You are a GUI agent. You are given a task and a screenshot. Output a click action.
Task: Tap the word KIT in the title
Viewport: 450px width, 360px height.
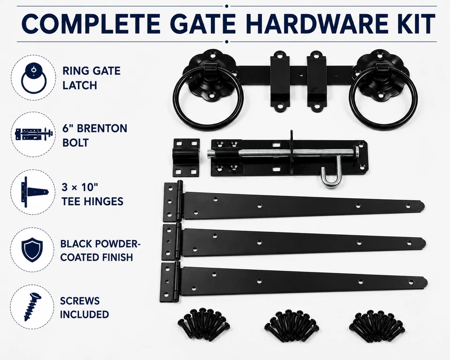416,23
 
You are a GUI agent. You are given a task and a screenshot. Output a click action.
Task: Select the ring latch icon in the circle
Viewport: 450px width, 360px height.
34,78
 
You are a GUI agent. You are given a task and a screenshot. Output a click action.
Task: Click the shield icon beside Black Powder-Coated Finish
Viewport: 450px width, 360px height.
32,249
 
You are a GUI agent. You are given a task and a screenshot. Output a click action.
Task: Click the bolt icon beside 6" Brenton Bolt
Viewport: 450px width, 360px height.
34,135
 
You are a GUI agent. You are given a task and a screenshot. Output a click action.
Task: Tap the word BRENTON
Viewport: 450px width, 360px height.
102,128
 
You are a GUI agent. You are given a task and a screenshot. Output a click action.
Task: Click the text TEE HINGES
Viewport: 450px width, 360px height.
92,202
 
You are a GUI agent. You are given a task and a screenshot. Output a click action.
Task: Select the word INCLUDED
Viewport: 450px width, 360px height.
84,315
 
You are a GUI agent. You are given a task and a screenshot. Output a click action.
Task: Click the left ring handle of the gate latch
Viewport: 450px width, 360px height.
208,99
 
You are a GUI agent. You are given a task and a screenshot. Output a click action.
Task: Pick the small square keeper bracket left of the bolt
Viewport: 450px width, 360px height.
186,157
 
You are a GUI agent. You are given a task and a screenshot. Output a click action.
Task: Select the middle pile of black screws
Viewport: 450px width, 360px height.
291,323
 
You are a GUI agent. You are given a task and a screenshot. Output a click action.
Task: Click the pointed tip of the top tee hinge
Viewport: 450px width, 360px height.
424,206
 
